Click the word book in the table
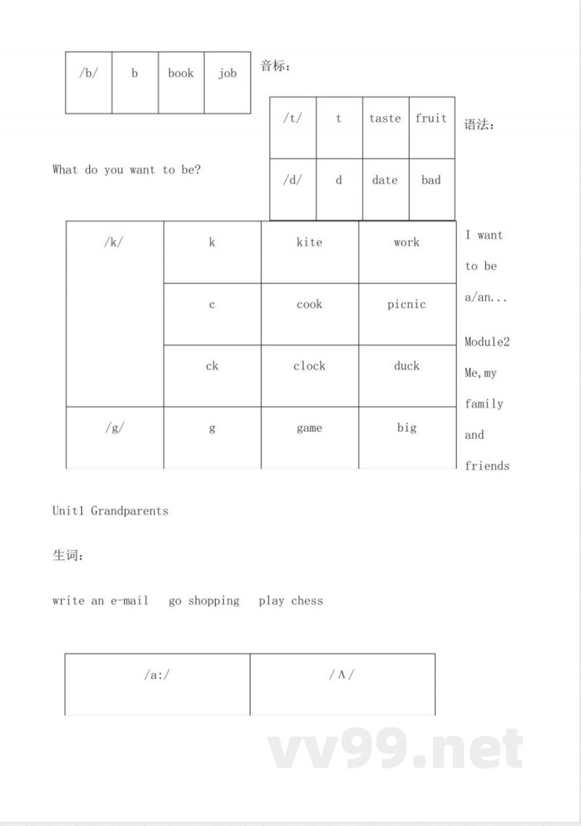(x=181, y=73)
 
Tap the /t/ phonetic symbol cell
(x=293, y=118)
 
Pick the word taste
(x=385, y=118)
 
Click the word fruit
(x=431, y=118)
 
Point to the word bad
(x=431, y=180)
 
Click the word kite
(x=309, y=242)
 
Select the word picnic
(x=407, y=304)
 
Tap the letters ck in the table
(x=212, y=366)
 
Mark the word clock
(x=309, y=366)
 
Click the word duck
(x=407, y=366)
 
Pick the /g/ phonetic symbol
(x=115, y=428)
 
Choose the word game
(x=309, y=428)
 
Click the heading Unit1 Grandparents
(x=110, y=511)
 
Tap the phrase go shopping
(x=204, y=601)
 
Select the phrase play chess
(x=290, y=601)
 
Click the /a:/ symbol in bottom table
(x=157, y=675)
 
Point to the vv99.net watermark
(x=396, y=750)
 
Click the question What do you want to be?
(x=126, y=170)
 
